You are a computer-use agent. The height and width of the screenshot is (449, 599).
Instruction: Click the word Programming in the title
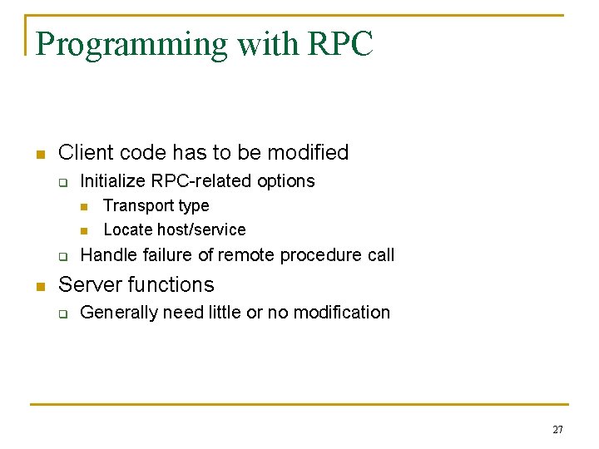click(x=132, y=45)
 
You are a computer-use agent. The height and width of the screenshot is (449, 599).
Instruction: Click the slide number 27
click(x=557, y=430)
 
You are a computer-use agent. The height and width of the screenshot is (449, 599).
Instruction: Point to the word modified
click(x=309, y=153)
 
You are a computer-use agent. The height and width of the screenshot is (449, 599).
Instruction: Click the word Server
click(x=89, y=285)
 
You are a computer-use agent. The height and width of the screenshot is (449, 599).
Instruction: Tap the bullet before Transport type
click(x=83, y=206)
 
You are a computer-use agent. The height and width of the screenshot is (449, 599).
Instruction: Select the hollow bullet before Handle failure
click(x=62, y=256)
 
